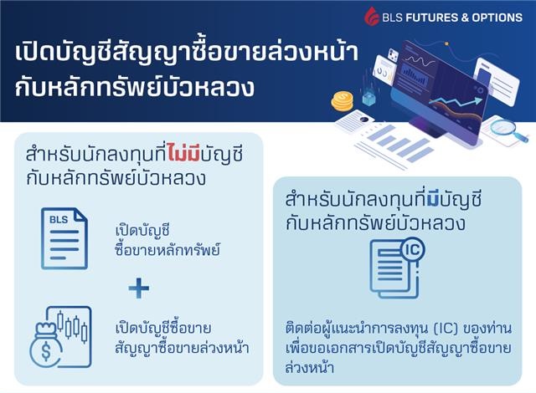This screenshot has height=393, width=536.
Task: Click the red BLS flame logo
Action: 371,16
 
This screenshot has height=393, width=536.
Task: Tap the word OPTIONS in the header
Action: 496,17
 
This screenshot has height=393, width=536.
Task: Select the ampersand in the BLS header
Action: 459,17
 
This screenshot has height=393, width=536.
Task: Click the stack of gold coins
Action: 342,102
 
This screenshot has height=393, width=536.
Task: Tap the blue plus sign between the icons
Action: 139,289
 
